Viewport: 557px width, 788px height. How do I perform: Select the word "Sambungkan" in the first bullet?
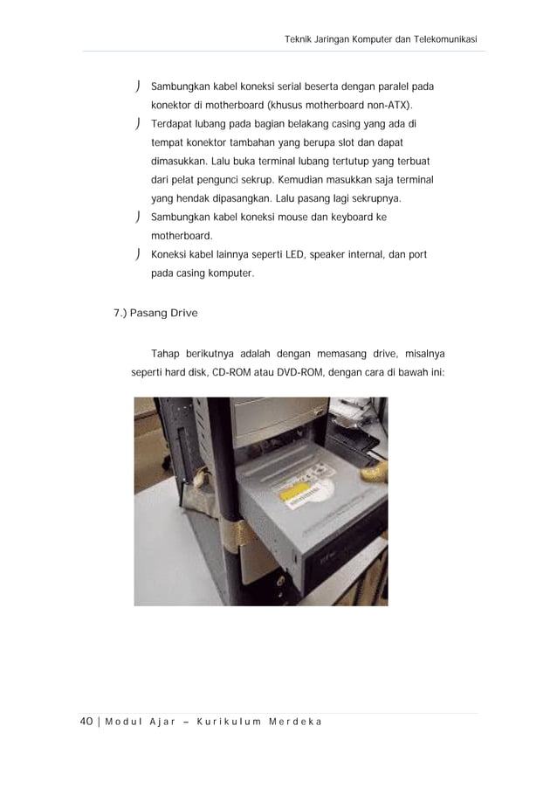[x=179, y=87]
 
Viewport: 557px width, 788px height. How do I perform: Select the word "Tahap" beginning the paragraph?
[x=167, y=353]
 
